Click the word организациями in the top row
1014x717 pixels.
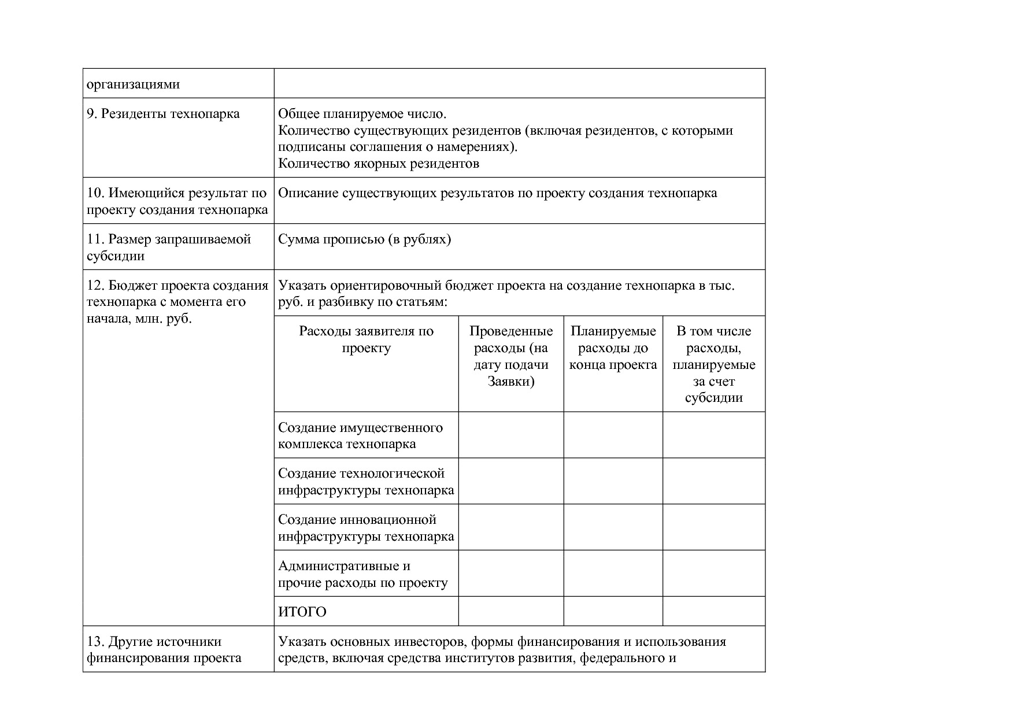coord(133,84)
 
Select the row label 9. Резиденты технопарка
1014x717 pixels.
coord(163,113)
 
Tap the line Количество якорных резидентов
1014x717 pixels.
coord(379,163)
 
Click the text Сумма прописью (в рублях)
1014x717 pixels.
coord(364,239)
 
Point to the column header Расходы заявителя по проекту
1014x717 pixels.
coord(366,339)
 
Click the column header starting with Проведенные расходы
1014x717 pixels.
coord(511,356)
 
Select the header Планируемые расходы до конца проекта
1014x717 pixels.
coord(613,348)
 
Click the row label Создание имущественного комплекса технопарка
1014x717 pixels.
coord(360,435)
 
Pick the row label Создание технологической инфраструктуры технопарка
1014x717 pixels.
coord(365,482)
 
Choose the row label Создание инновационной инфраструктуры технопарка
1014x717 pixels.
coord(365,528)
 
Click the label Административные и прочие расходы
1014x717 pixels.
coord(362,574)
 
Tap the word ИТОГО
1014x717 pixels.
coord(302,612)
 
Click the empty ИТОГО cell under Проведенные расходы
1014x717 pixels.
coord(511,611)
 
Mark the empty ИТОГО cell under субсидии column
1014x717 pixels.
coord(714,611)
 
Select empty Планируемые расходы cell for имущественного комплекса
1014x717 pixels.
coord(613,435)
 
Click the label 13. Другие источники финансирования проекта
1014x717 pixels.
coord(164,649)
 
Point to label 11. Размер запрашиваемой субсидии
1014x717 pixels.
coord(168,247)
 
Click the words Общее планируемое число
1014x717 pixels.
coord(362,113)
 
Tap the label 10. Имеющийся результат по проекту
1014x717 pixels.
coord(177,201)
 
